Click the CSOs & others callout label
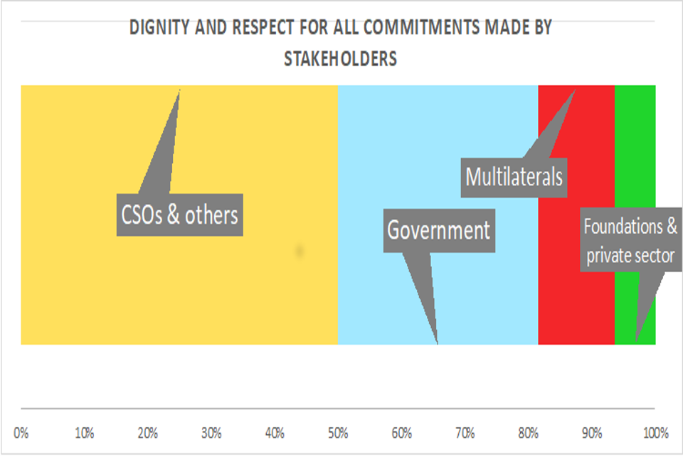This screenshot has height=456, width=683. pyautogui.click(x=179, y=214)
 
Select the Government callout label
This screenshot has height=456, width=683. pyautogui.click(x=439, y=230)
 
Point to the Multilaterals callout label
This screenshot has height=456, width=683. pyautogui.click(x=514, y=175)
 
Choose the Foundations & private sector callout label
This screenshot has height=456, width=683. pyautogui.click(x=630, y=241)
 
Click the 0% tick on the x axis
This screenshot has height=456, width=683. pyautogui.click(x=21, y=432)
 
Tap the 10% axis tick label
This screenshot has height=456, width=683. pyautogui.click(x=85, y=432)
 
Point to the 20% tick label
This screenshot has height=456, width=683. pyautogui.click(x=148, y=432)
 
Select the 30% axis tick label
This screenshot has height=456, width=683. pyautogui.click(x=211, y=432)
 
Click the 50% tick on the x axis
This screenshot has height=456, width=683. pyautogui.click(x=338, y=432)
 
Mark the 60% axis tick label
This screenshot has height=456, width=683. pyautogui.click(x=402, y=432)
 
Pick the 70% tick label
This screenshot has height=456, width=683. pyautogui.click(x=465, y=432)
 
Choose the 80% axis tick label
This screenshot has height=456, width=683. pyautogui.click(x=529, y=432)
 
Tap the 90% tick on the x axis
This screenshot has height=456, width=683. pyautogui.click(x=592, y=432)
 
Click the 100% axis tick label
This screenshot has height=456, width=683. pyautogui.click(x=655, y=432)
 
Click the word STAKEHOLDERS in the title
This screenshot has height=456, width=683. pyautogui.click(x=340, y=58)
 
